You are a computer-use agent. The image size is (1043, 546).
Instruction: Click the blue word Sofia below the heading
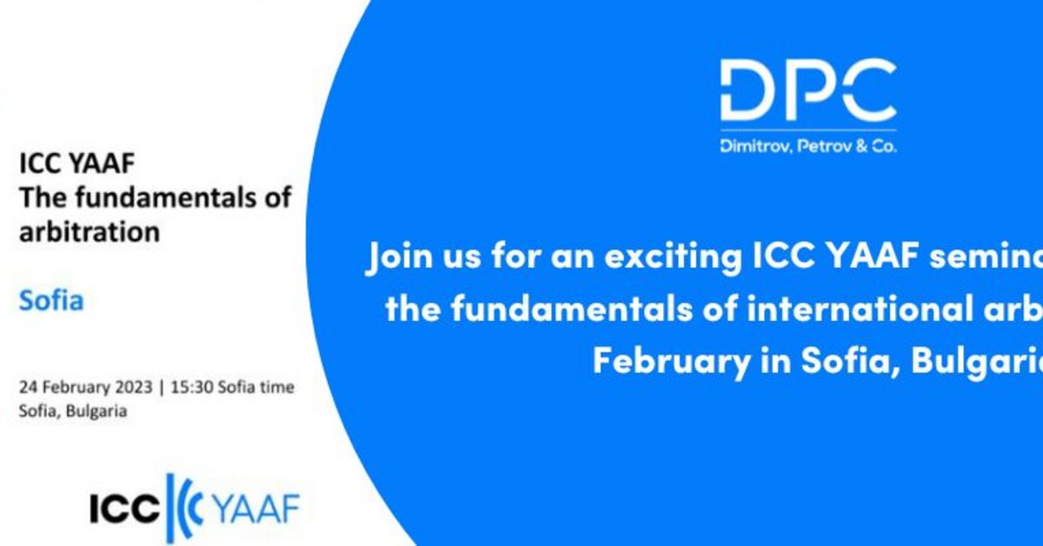pos(52,302)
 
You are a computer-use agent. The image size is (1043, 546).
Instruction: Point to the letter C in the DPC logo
pos(865,90)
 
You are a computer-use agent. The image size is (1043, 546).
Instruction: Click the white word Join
pos(402,259)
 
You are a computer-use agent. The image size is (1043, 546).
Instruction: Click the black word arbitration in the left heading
pos(90,232)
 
